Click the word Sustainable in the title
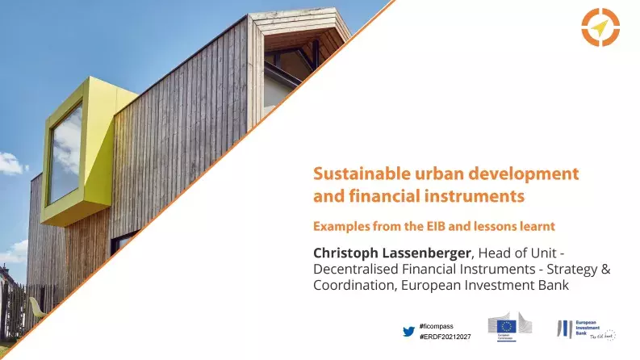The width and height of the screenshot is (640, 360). point(356,174)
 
